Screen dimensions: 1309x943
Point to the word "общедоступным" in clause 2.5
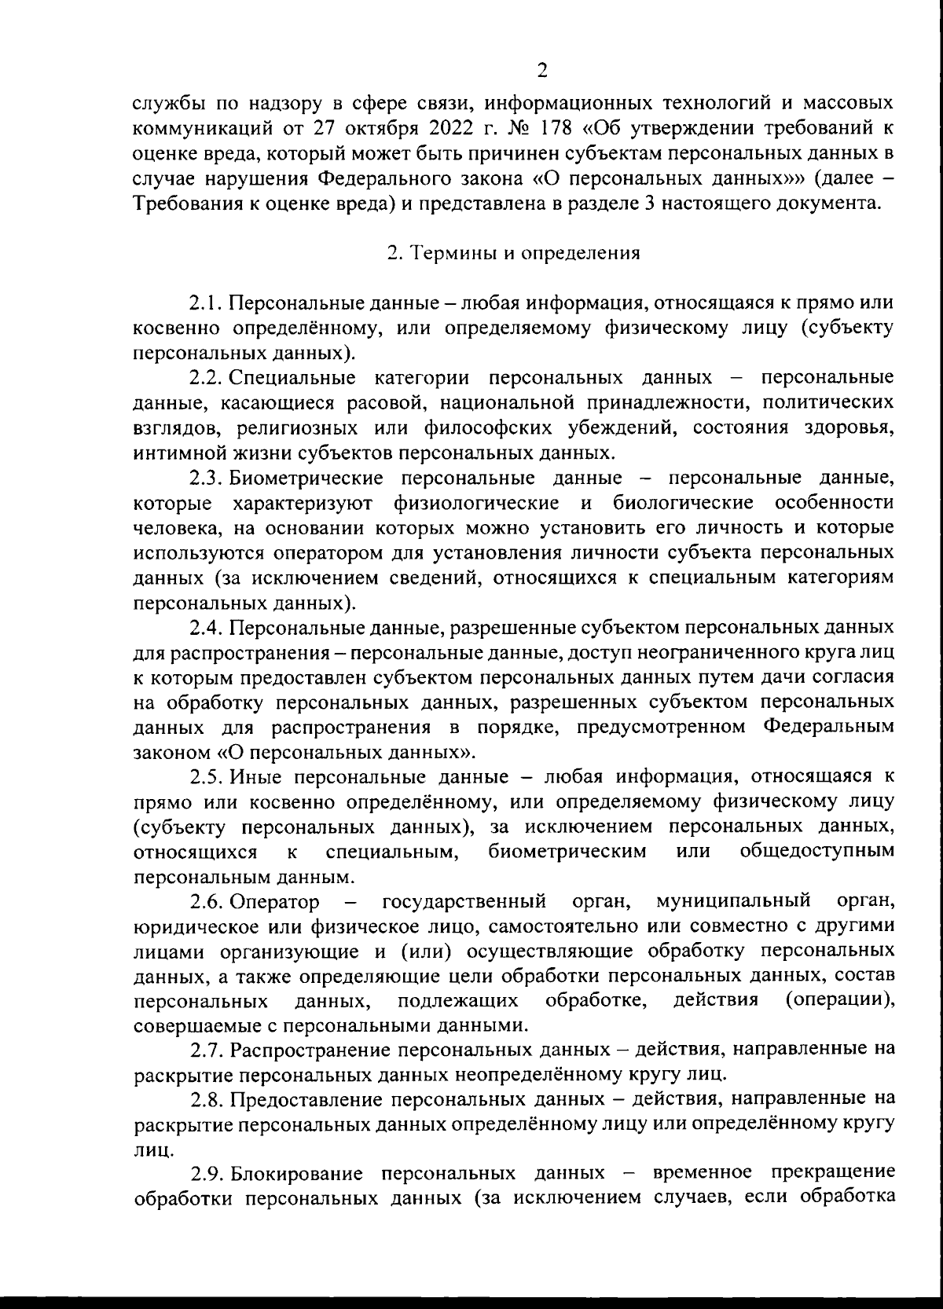(816, 851)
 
